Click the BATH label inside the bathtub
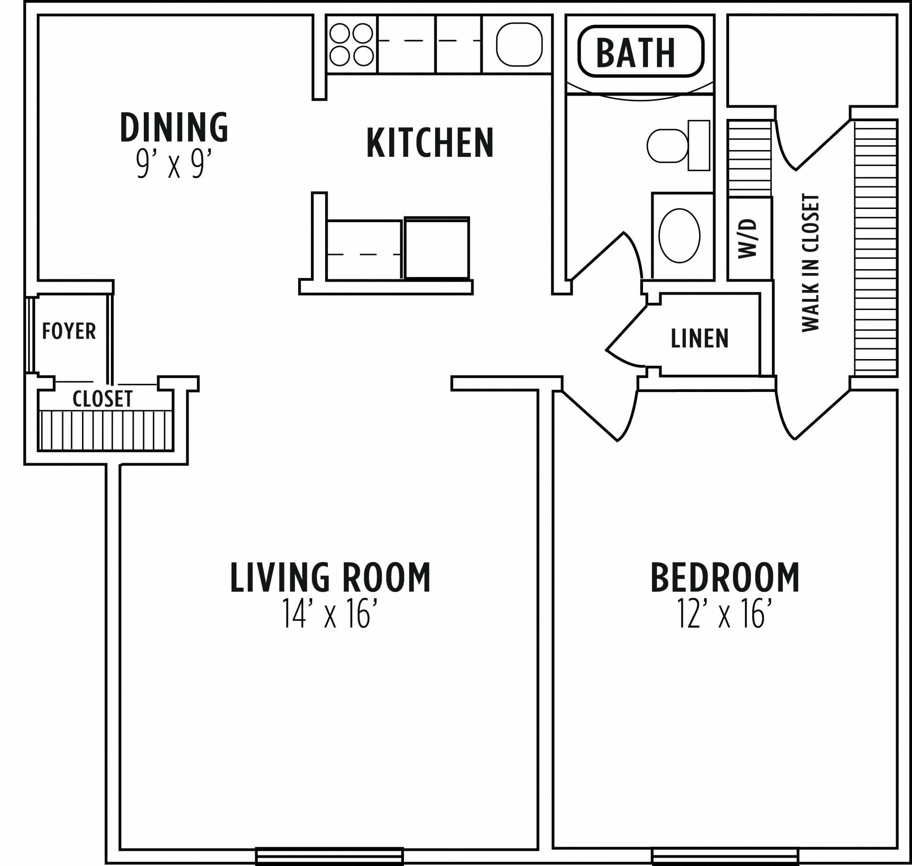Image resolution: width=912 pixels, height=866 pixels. pos(636,52)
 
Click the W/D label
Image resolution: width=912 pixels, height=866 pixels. pos(748,239)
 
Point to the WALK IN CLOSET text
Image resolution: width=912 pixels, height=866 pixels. pos(810,262)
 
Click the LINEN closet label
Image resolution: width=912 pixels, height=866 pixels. pos(699,339)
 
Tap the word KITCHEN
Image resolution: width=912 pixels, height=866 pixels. pos(430,143)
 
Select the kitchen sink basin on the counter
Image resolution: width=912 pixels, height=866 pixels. pos(519,44)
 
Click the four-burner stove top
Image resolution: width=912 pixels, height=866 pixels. pos(351,44)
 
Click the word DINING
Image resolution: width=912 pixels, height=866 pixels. pos(174,127)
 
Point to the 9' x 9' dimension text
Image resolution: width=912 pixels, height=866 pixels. pos(174,164)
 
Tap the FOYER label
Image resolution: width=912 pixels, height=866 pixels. pos(69,331)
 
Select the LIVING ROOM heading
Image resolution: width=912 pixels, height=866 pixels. pos(330,577)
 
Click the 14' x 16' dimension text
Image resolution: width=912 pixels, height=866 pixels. pos(330,613)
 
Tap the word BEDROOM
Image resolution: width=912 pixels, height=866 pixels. pos(725,577)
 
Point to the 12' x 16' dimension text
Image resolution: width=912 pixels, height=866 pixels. pos(725,613)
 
